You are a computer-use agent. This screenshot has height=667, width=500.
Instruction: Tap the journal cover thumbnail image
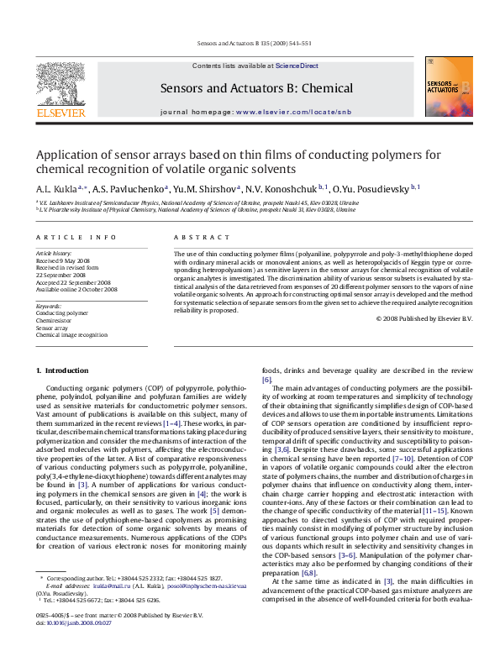448,87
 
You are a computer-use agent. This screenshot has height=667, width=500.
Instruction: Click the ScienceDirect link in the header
297,65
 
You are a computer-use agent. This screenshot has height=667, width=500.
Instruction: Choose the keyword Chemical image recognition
71,334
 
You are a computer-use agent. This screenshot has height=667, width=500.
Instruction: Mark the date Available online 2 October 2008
76,289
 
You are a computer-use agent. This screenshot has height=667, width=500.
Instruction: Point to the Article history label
53,253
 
